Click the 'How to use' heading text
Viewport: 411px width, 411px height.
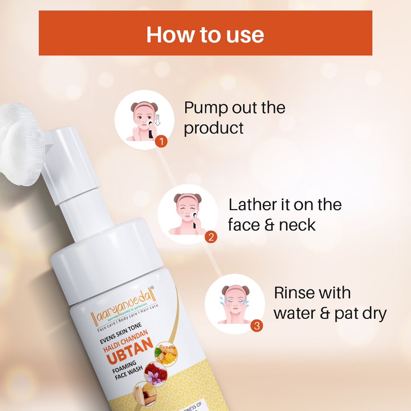pyautogui.click(x=205, y=35)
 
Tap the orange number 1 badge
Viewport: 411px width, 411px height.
pyautogui.click(x=161, y=141)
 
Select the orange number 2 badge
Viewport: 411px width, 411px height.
pyautogui.click(x=211, y=237)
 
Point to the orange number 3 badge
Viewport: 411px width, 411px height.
pyautogui.click(x=257, y=326)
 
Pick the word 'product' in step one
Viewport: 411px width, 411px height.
pyautogui.click(x=214, y=128)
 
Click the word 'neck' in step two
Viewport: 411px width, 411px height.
pyautogui.click(x=297, y=225)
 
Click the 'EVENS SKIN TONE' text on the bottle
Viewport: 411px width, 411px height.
pyautogui.click(x=121, y=333)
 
